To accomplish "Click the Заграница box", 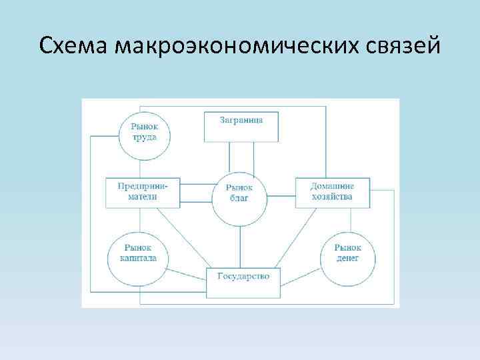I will [241, 126].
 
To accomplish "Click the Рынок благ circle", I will [240, 193].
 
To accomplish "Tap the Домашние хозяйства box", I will [332, 193].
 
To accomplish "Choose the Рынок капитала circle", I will [138, 254].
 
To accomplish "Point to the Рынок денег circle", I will [347, 254].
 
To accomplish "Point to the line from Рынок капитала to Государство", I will [187, 274].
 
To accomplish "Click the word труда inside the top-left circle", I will [144, 138].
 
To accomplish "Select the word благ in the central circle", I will [240, 199].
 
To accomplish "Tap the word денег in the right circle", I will [347, 259].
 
